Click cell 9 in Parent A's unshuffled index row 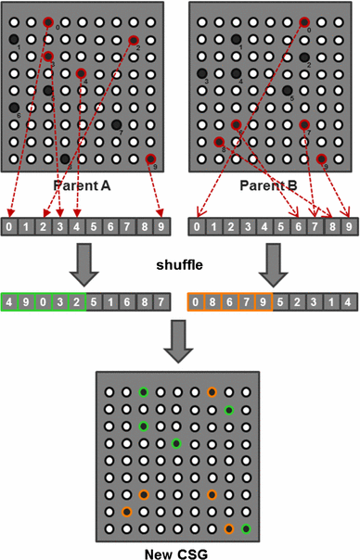click(x=161, y=225)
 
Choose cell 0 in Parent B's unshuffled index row click(x=196, y=225)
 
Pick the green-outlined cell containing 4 click(x=10, y=300)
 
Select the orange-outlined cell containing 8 click(x=212, y=300)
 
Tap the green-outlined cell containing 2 click(x=77, y=300)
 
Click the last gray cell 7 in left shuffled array click(x=161, y=300)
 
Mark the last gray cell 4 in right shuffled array click(x=347, y=300)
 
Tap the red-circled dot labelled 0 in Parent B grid click(x=304, y=21)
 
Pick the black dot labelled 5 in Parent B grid click(x=287, y=91)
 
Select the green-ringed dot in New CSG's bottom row click(x=246, y=528)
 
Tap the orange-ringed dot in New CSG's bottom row click(x=229, y=528)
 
